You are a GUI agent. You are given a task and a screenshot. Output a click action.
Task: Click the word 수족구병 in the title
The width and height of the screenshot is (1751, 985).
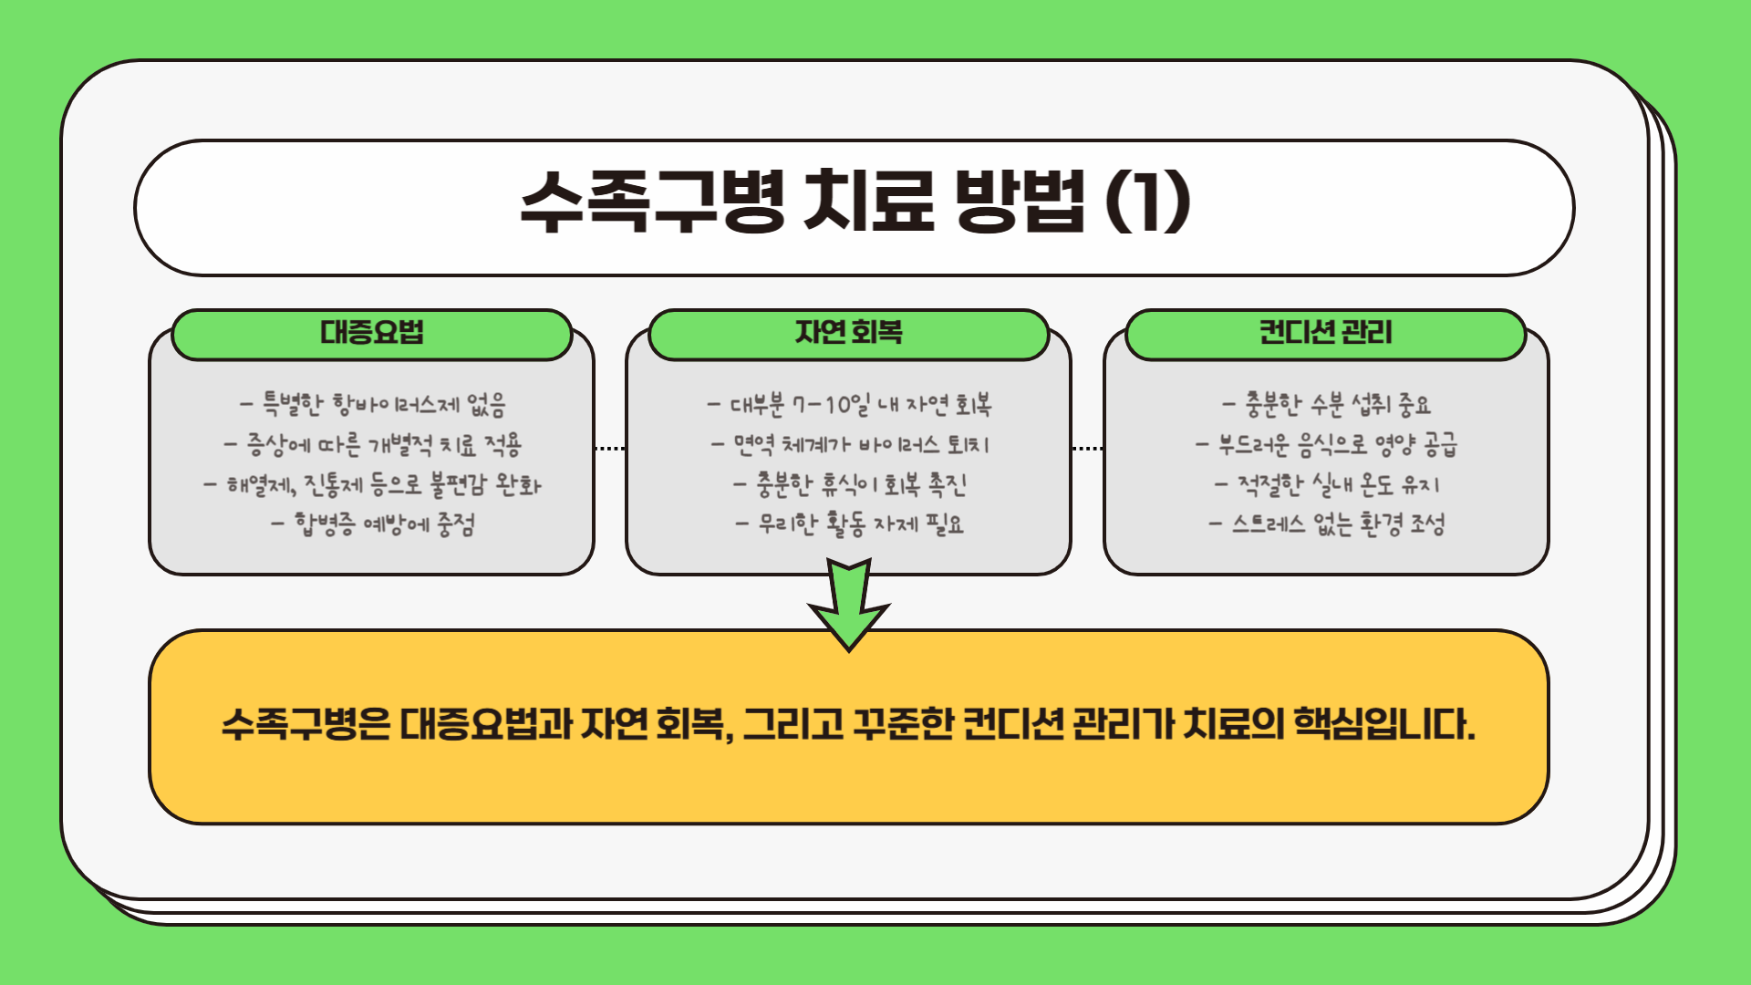pos(651,202)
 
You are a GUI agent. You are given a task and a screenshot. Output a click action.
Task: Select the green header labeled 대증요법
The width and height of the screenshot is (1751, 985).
pos(372,334)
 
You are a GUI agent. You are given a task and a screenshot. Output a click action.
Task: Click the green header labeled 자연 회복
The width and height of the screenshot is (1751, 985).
pos(848,334)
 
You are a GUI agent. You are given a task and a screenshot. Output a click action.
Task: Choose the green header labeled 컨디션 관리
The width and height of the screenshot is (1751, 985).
pos(1325,334)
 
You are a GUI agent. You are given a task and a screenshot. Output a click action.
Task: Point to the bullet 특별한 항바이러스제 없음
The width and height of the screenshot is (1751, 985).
pos(373,404)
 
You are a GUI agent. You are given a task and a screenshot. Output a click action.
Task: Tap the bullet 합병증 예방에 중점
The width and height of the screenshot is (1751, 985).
pos(373,524)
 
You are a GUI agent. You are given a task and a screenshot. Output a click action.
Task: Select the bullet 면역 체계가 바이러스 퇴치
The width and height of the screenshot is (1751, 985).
pos(850,445)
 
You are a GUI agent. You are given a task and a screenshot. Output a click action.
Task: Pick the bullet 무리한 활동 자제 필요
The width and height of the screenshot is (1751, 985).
pos(850,524)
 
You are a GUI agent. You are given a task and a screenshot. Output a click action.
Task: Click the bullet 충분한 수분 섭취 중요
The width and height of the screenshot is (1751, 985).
pos(1327,404)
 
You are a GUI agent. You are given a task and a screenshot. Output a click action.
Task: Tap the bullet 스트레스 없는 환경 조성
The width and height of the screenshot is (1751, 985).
pos(1327,524)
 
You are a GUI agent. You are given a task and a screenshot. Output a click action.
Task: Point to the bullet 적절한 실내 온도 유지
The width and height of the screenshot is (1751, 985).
pos(1327,484)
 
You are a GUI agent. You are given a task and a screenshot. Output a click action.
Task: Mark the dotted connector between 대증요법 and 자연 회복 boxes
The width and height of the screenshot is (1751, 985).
pos(609,449)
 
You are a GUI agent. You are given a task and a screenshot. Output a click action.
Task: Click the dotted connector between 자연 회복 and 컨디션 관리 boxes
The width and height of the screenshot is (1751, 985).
pos(1087,449)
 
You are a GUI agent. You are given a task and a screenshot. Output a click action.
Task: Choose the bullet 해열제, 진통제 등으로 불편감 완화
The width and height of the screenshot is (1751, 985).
pos(373,484)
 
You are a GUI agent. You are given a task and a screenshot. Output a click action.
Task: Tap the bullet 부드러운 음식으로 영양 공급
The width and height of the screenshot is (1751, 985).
pos(1327,445)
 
